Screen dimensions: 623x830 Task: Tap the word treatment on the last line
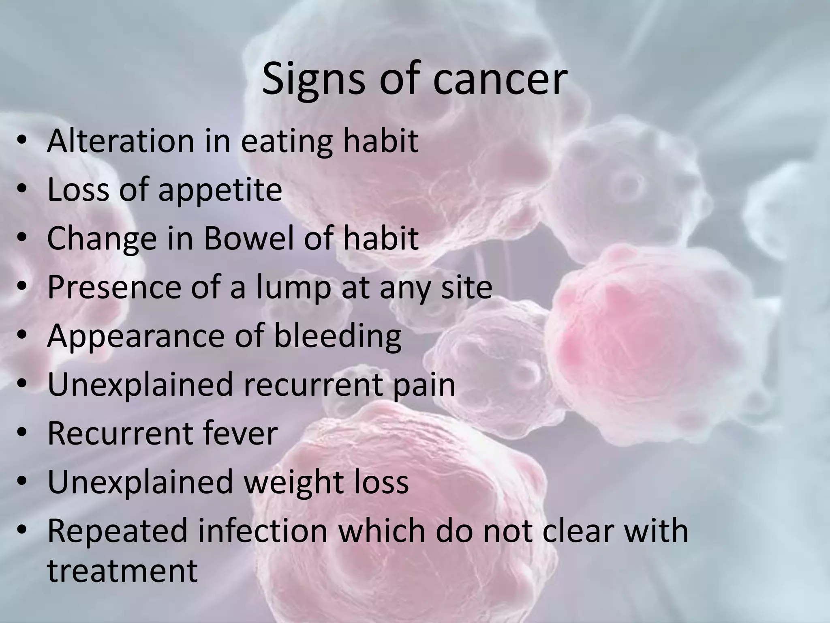tap(122, 570)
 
